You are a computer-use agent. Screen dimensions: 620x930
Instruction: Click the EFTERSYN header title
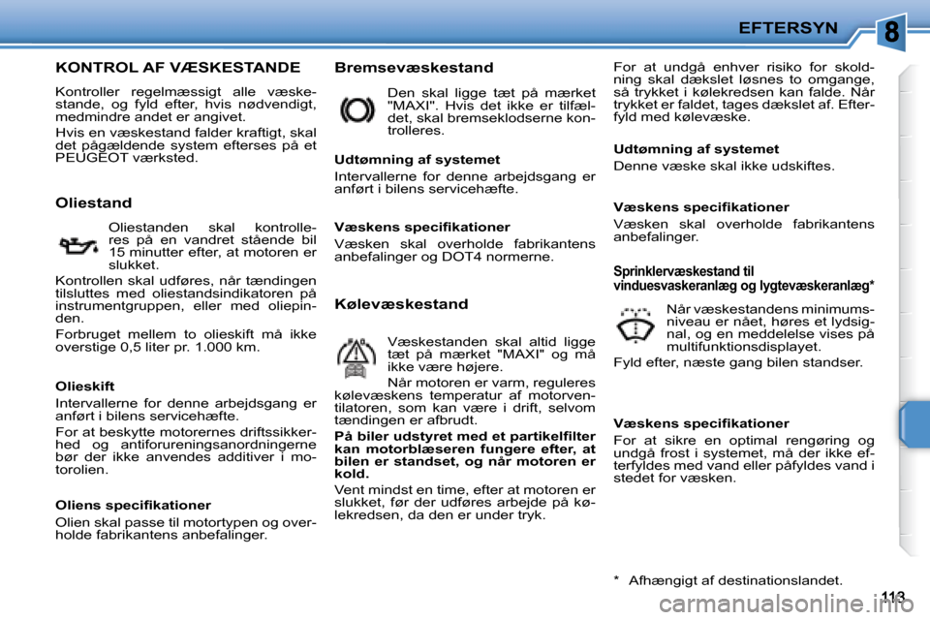(788, 28)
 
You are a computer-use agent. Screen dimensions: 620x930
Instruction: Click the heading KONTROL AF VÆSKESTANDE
(177, 68)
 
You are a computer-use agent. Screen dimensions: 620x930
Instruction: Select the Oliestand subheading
(93, 202)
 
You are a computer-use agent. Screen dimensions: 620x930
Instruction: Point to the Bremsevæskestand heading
(414, 68)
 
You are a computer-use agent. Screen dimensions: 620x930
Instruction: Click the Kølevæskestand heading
(401, 304)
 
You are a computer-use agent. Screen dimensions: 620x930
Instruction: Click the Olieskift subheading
(84, 385)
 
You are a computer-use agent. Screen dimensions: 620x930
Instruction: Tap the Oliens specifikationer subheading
(133, 505)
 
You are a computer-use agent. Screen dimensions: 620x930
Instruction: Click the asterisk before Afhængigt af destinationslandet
(617, 580)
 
